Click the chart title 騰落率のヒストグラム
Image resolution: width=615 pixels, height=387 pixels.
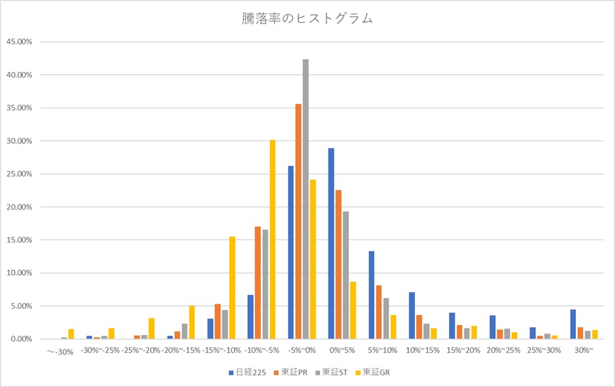[307, 19]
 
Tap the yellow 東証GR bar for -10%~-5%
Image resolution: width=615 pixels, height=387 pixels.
[272, 239]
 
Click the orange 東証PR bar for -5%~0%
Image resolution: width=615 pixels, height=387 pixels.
[299, 222]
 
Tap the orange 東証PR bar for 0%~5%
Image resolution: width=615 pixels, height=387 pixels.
[338, 264]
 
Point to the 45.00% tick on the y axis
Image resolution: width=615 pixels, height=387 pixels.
[19, 42]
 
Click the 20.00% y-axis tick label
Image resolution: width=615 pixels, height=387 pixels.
[19, 207]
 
